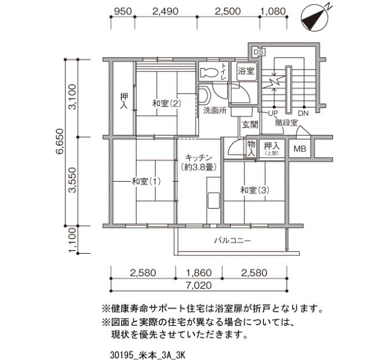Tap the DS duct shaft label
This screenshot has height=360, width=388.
pyautogui.click(x=259, y=52)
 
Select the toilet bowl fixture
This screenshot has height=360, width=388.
pyautogui.click(x=210, y=72)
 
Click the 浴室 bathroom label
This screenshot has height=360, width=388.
pyautogui.click(x=246, y=71)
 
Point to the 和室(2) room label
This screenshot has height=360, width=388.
pyautogui.click(x=166, y=104)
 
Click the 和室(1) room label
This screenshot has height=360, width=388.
pyautogui.click(x=146, y=182)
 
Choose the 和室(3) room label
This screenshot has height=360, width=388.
pyautogui.click(x=255, y=190)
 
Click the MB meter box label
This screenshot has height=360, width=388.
pyautogui.click(x=300, y=148)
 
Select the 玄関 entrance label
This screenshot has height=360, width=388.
pyautogui.click(x=250, y=125)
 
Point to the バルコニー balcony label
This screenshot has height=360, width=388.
pyautogui.click(x=233, y=240)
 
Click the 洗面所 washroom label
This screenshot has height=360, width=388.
pyautogui.click(x=215, y=111)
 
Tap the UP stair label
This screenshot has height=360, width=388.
pyautogui.click(x=273, y=113)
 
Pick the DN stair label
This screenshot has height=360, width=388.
pyautogui.click(x=303, y=113)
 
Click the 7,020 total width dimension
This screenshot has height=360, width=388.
pyautogui.click(x=198, y=285)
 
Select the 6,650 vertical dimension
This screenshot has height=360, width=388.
pyautogui.click(x=60, y=141)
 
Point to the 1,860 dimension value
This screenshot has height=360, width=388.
pyautogui.click(x=198, y=273)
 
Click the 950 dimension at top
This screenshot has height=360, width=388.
pyautogui.click(x=122, y=12)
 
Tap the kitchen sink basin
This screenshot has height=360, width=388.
pyautogui.click(x=213, y=200)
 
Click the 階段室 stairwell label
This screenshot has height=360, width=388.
pyautogui.click(x=287, y=123)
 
